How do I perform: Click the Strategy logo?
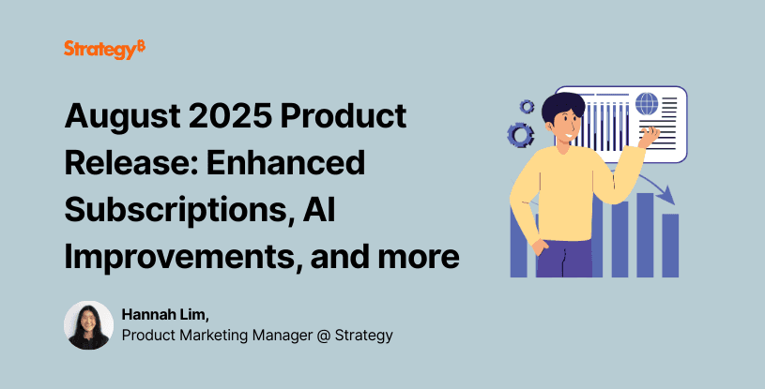(104, 50)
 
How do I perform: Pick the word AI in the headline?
(331, 209)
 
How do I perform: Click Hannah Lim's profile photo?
(88, 325)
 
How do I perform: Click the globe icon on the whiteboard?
(646, 102)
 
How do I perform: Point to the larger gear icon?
(520, 135)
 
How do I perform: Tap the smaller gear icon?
(527, 106)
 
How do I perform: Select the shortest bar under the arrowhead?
(670, 245)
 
